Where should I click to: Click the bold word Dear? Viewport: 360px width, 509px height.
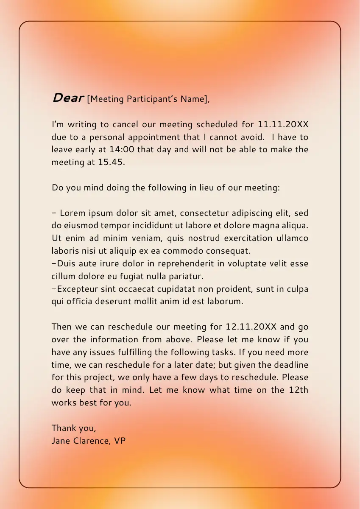click(x=67, y=98)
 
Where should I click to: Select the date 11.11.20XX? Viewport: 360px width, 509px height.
click(x=283, y=125)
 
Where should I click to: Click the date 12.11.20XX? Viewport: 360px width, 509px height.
click(x=251, y=327)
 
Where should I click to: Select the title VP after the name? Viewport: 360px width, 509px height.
click(x=120, y=441)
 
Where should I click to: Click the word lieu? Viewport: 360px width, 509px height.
click(x=207, y=187)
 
